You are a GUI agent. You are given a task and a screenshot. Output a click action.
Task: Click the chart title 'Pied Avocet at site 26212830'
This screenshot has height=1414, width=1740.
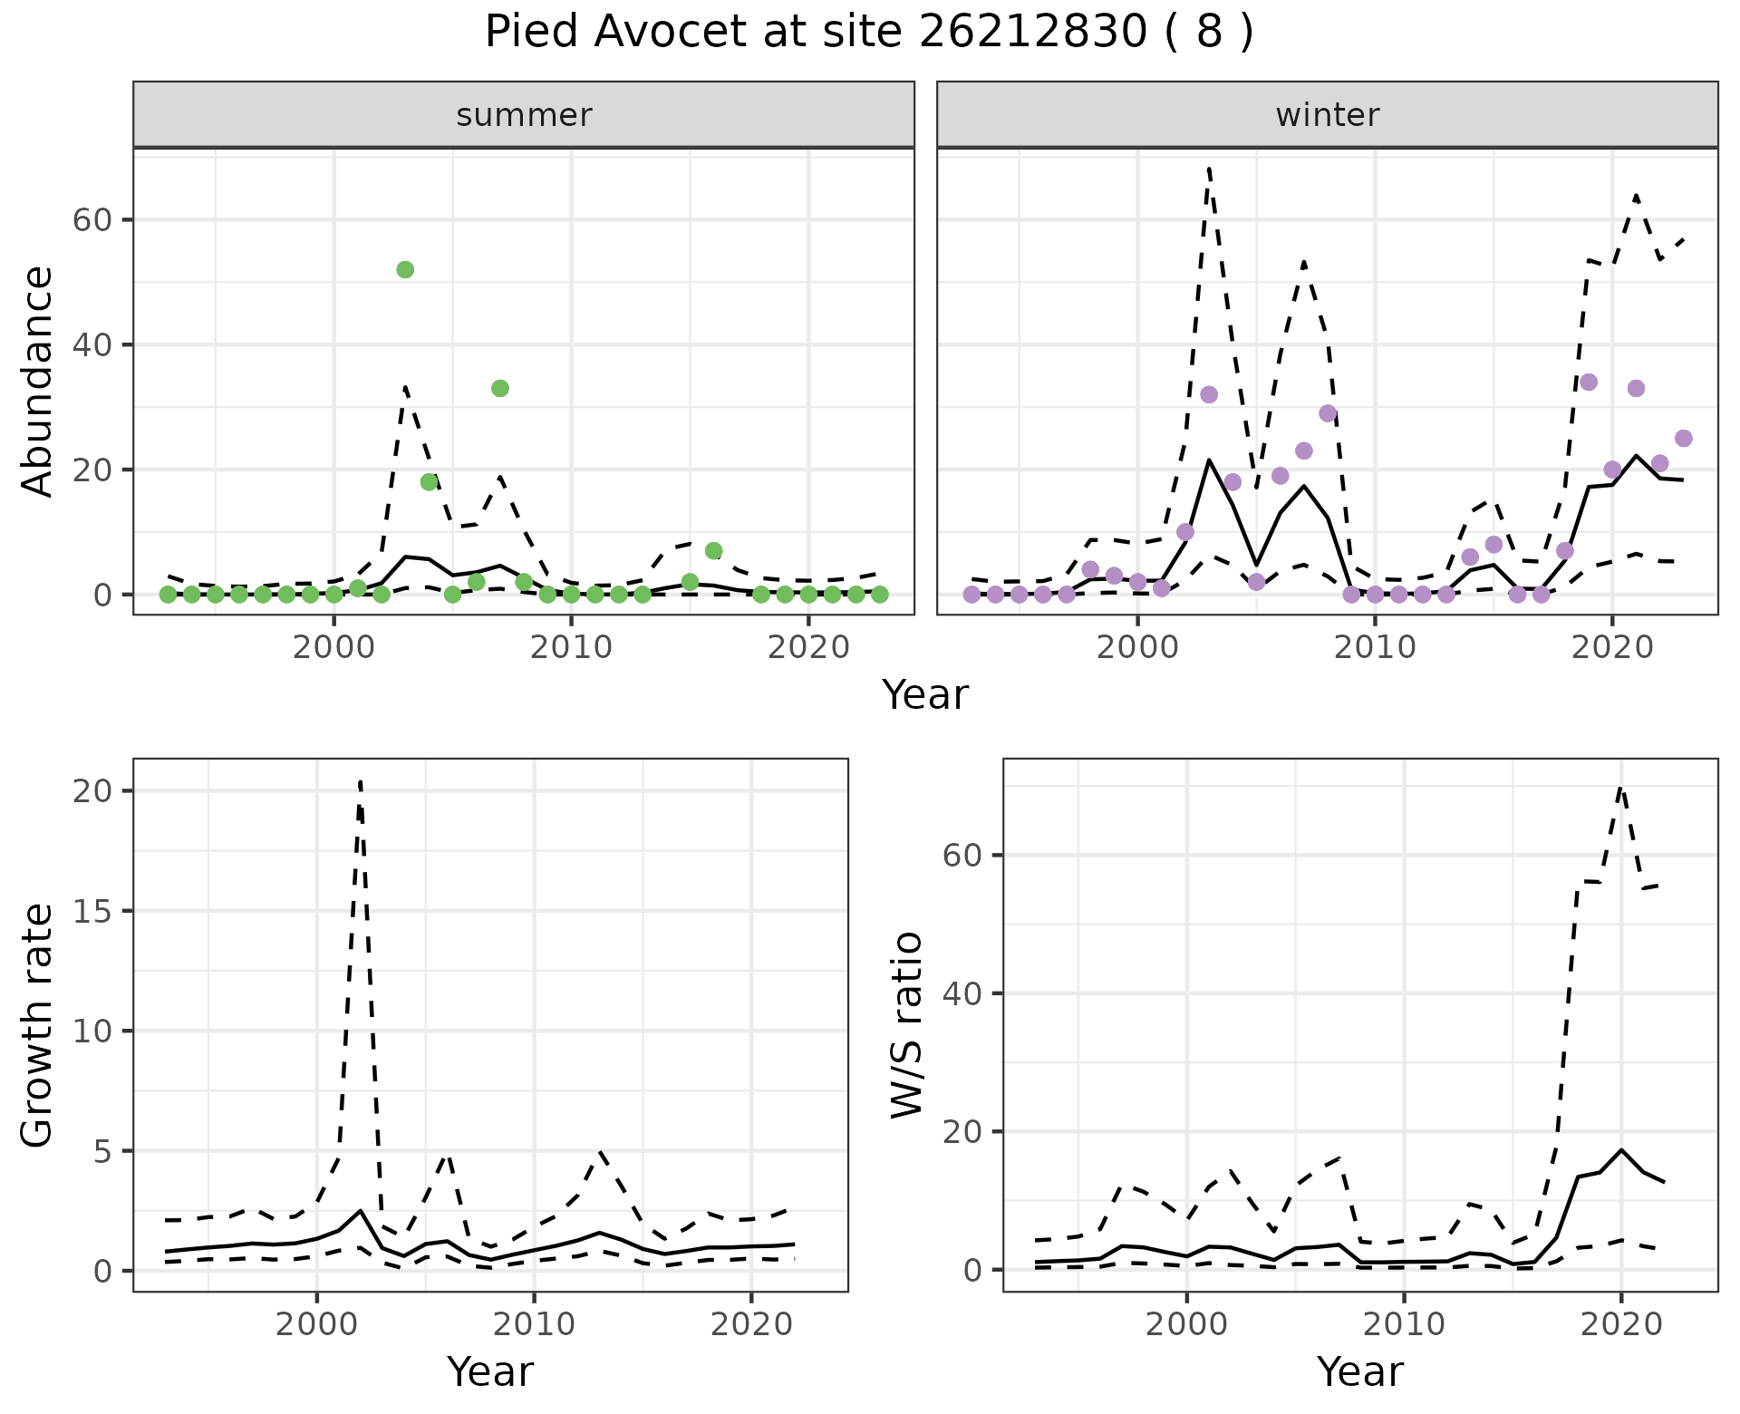(868, 33)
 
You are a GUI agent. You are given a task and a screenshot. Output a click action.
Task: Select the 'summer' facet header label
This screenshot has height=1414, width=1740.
(524, 115)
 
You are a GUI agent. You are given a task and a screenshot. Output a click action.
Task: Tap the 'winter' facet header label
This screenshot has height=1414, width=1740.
(1327, 115)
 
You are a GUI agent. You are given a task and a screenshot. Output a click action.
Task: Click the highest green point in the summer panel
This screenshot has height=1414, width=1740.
(405, 269)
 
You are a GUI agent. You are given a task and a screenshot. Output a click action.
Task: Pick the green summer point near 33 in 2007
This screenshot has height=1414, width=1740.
(500, 388)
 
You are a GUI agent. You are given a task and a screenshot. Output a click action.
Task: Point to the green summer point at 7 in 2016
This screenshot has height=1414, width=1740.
(713, 550)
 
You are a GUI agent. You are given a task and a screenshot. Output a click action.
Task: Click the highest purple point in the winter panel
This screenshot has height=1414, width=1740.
(1589, 382)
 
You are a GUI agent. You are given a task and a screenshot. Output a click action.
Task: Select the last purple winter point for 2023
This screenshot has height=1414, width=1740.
(1684, 438)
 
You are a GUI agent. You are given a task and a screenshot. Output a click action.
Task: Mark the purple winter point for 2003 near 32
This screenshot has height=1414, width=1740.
(1209, 394)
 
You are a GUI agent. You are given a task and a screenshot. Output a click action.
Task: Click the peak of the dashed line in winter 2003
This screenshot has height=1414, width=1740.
(1209, 169)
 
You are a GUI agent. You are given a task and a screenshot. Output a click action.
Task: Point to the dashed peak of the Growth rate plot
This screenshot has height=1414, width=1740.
(361, 781)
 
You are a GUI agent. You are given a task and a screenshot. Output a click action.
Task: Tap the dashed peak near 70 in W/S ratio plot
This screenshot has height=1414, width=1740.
(1621, 788)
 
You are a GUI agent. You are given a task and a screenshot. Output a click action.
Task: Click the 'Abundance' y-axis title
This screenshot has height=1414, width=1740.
(38, 381)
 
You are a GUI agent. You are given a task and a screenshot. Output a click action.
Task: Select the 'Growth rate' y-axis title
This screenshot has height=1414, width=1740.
(38, 1024)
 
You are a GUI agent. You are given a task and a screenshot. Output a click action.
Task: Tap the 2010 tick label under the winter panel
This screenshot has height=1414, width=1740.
(1375, 647)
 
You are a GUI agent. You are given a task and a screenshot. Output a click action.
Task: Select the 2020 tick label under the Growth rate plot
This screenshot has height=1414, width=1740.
(751, 1324)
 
